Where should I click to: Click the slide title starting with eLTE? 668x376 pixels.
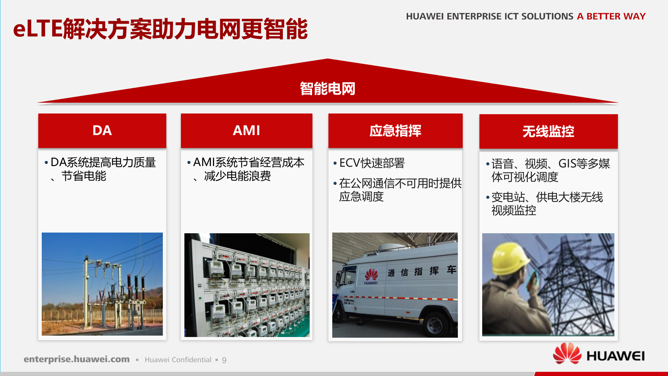point(160,29)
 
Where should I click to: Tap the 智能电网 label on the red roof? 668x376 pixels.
point(327,89)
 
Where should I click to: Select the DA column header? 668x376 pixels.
point(102,131)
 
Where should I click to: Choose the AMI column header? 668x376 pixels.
point(246,131)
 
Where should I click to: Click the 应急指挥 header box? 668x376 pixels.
point(395,131)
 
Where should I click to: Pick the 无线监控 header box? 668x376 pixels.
point(548,132)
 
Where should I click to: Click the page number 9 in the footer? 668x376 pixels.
point(224,360)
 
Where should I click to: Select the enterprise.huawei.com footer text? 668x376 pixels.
point(77,359)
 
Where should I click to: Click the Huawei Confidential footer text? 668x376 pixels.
point(178,360)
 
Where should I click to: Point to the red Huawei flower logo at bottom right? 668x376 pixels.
point(567,354)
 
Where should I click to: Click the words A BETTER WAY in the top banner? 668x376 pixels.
point(611,16)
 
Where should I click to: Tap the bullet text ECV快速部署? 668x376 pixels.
point(372,163)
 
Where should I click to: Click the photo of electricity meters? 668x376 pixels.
point(247,285)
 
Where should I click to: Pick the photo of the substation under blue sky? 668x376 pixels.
point(102,284)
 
